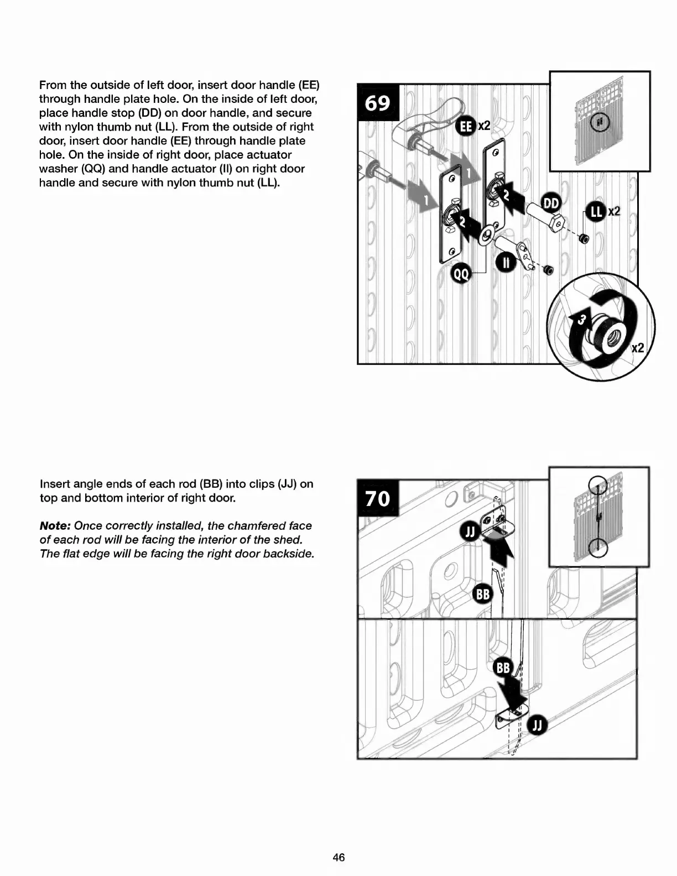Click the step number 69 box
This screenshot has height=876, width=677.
pos(378,103)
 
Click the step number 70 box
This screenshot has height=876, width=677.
pos(378,498)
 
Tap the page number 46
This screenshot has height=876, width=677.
pos(338,857)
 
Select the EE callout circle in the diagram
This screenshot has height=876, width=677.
pos(466,127)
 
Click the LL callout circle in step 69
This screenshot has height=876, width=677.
pos(596,212)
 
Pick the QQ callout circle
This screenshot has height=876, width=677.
pos(462,273)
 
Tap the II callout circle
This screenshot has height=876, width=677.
pos(506,262)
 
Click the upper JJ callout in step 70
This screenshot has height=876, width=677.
pos(470,533)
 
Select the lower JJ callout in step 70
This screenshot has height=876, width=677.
pos(538,726)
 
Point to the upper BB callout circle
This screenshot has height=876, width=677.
pos(483,594)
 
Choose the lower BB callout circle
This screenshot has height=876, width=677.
pos(503,668)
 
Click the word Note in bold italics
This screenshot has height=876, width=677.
pos(54,526)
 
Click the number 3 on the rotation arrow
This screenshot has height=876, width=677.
pos(581,319)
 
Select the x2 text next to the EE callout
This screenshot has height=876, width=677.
pos(484,126)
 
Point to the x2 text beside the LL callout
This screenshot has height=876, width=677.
pos(614,212)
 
